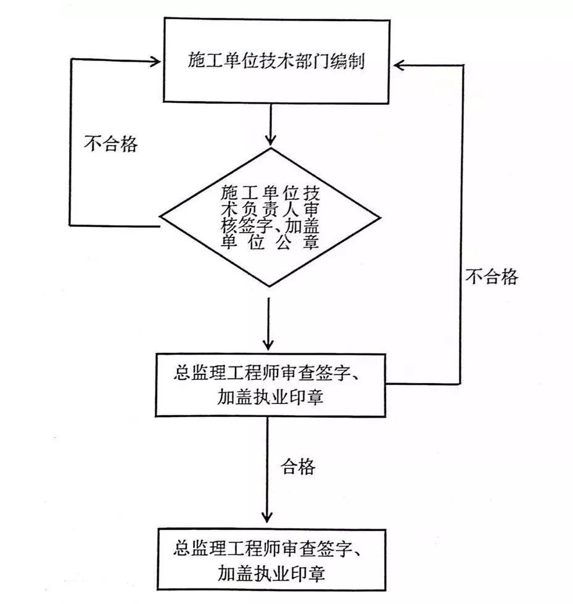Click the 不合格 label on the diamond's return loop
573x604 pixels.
coord(111,144)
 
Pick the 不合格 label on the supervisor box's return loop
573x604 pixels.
coord(491,277)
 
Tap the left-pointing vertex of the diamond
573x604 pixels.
coord(162,218)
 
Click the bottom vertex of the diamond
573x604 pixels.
coord(270,286)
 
